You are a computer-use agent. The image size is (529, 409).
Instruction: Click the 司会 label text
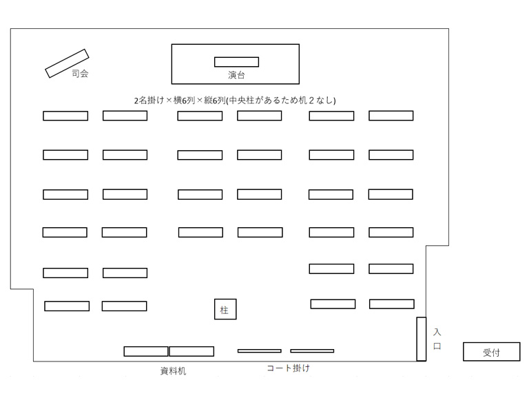point(80,74)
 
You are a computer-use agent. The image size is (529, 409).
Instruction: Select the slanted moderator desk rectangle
point(67,63)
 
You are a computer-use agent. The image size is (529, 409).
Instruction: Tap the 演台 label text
point(236,75)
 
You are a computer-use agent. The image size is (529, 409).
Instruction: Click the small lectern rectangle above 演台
point(236,62)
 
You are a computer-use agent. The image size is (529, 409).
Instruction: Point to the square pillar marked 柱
point(225,309)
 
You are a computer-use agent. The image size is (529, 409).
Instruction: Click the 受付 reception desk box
point(492,352)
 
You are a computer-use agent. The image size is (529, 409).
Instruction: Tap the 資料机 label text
point(173,371)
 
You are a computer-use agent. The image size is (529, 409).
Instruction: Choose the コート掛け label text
point(289,368)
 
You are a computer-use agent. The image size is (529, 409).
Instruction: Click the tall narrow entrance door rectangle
point(422,339)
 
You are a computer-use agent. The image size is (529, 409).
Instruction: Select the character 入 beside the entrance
point(437,332)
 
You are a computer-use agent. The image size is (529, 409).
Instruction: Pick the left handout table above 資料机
point(146,351)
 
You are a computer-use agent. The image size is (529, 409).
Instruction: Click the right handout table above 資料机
point(191,351)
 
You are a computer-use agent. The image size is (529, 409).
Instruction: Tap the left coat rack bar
point(260,351)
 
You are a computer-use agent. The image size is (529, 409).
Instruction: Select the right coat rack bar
point(312,351)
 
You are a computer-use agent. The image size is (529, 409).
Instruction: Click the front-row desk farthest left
point(65,116)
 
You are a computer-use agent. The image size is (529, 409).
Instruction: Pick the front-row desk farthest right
point(391,116)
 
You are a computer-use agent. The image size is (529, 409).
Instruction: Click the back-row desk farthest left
point(67,306)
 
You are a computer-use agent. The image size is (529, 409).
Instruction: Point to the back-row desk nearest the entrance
point(392,304)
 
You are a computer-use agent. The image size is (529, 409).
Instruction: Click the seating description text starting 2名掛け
point(235,100)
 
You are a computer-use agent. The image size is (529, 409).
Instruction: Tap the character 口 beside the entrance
point(437,346)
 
